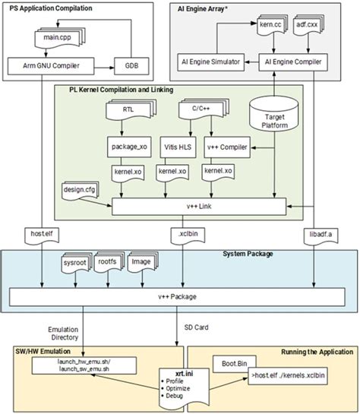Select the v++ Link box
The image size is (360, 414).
(198, 205)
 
